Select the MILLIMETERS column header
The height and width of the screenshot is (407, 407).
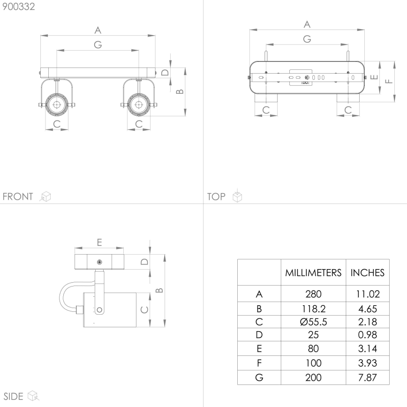point(313,272)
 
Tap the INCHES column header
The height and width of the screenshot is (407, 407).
point(368,272)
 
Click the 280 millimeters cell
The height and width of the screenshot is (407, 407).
point(313,294)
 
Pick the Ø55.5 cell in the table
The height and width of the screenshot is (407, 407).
point(313,322)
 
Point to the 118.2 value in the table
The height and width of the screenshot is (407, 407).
point(313,309)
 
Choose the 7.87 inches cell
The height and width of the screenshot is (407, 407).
point(368,377)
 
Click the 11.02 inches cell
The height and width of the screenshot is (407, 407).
point(368,294)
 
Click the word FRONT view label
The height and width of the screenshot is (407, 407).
point(18,196)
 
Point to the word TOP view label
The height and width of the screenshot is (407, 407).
point(216,196)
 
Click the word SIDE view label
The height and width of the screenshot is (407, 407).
point(14,396)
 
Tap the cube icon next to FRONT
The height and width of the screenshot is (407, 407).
point(45,196)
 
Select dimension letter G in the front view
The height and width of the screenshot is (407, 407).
point(98,45)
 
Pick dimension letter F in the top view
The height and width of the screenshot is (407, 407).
point(388,81)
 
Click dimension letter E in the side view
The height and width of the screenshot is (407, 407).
point(99,242)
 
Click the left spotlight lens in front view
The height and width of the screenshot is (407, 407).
point(56,105)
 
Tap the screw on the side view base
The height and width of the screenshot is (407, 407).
point(99,262)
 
